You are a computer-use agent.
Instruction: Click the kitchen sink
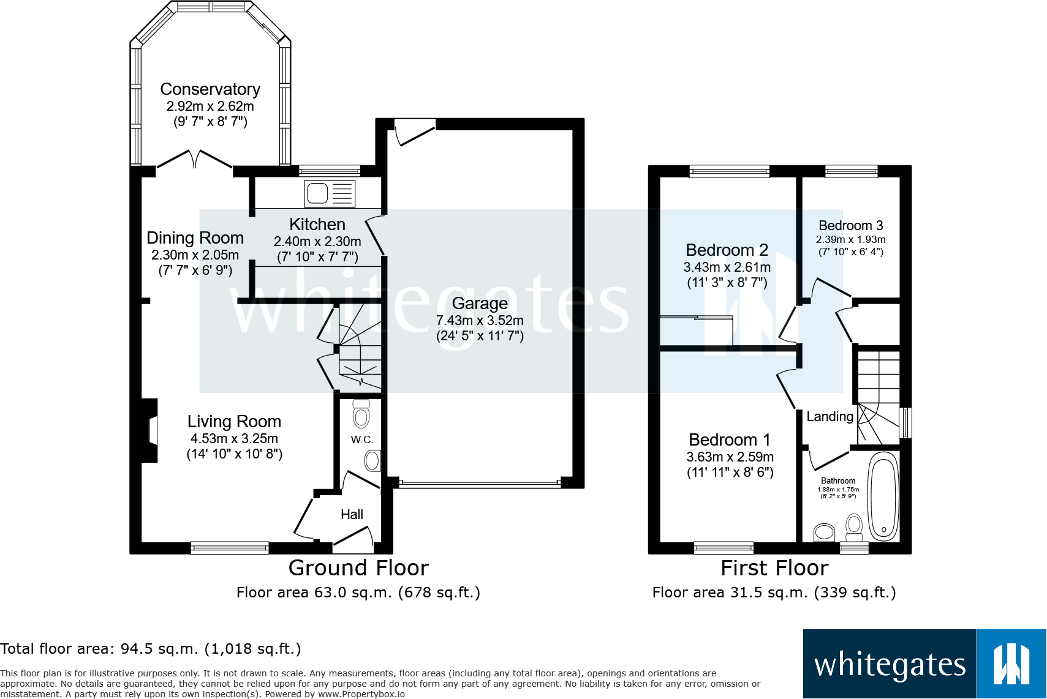click(330, 193)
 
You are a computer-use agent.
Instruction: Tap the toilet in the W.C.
click(361, 414)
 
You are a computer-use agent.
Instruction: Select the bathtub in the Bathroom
click(883, 496)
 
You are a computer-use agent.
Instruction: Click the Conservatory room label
click(210, 89)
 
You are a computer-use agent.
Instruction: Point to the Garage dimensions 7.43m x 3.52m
click(480, 320)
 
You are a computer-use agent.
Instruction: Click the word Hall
click(352, 514)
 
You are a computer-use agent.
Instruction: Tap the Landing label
click(830, 416)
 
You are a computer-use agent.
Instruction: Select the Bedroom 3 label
click(851, 225)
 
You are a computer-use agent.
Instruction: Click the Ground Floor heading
click(358, 568)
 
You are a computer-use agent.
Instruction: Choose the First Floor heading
click(774, 568)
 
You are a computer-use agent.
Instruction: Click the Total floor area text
click(151, 649)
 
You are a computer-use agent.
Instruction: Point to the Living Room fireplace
click(149, 430)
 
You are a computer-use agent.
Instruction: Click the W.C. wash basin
click(372, 461)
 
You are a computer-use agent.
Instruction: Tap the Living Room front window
click(230, 547)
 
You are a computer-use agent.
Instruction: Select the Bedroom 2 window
click(729, 171)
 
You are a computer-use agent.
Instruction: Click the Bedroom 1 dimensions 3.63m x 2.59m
click(730, 457)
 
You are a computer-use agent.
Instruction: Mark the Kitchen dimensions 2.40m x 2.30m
click(317, 241)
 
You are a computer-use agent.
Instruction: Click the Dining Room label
click(195, 237)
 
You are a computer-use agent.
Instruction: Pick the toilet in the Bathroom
click(854, 527)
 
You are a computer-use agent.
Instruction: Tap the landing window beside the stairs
click(905, 423)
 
